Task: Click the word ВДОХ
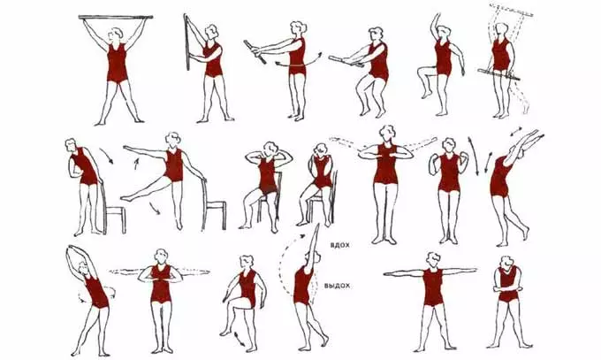339,245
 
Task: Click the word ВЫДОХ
337,286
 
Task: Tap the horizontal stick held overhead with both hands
116,17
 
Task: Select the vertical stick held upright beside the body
187,42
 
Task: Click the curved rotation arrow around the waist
299,61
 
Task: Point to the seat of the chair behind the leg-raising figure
216,203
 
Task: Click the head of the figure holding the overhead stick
115,34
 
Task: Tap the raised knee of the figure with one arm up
422,70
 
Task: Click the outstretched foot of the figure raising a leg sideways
126,198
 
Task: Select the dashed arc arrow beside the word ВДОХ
292,261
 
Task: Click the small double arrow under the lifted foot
240,339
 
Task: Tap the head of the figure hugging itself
507,263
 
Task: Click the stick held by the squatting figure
346,61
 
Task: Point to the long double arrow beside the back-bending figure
474,155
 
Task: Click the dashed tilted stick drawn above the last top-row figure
512,11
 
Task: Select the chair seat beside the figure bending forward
115,209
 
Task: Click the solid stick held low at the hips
498,74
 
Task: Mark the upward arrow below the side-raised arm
136,164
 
